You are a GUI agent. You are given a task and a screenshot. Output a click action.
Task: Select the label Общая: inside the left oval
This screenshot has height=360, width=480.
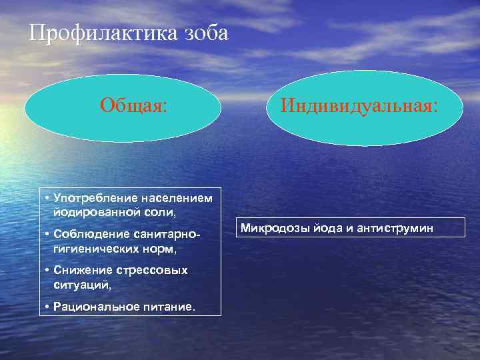click(134, 105)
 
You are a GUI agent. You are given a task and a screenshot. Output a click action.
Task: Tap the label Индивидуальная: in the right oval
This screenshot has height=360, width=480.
click(359, 105)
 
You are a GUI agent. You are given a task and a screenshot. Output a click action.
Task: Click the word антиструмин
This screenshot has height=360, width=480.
click(397, 228)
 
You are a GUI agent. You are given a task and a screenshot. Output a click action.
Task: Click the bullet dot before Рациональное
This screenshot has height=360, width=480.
click(47, 306)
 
